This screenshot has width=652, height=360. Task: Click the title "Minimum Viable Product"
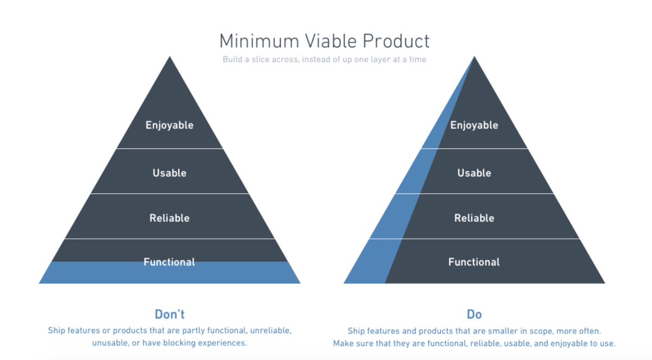click(x=324, y=41)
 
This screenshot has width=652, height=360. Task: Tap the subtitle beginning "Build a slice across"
click(x=324, y=60)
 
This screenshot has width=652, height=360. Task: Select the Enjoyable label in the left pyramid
click(x=170, y=125)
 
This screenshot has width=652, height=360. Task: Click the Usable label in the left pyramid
click(x=170, y=173)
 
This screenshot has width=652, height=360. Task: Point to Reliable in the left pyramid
click(x=170, y=218)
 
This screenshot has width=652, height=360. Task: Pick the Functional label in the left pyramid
click(x=169, y=262)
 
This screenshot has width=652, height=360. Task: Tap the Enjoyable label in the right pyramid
click(x=474, y=125)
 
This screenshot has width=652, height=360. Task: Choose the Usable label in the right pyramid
click(x=474, y=173)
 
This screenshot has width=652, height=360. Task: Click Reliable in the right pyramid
click(x=474, y=218)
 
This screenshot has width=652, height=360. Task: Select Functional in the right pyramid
click(x=474, y=262)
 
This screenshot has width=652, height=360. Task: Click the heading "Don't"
click(x=170, y=314)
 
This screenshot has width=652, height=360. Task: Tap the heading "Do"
click(x=474, y=314)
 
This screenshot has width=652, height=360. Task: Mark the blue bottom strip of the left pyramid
click(x=170, y=274)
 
